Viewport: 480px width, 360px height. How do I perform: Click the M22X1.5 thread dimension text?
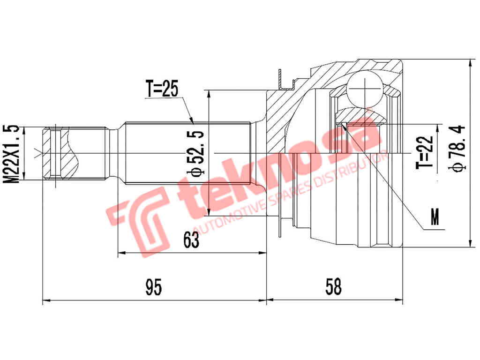point(13,154)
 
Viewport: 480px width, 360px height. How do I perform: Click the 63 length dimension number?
point(191,240)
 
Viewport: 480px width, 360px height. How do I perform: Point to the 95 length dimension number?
point(153,287)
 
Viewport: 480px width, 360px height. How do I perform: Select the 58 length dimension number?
point(333,287)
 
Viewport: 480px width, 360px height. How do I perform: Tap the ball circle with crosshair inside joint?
point(364,88)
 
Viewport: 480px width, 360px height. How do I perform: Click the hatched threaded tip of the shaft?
point(59,154)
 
